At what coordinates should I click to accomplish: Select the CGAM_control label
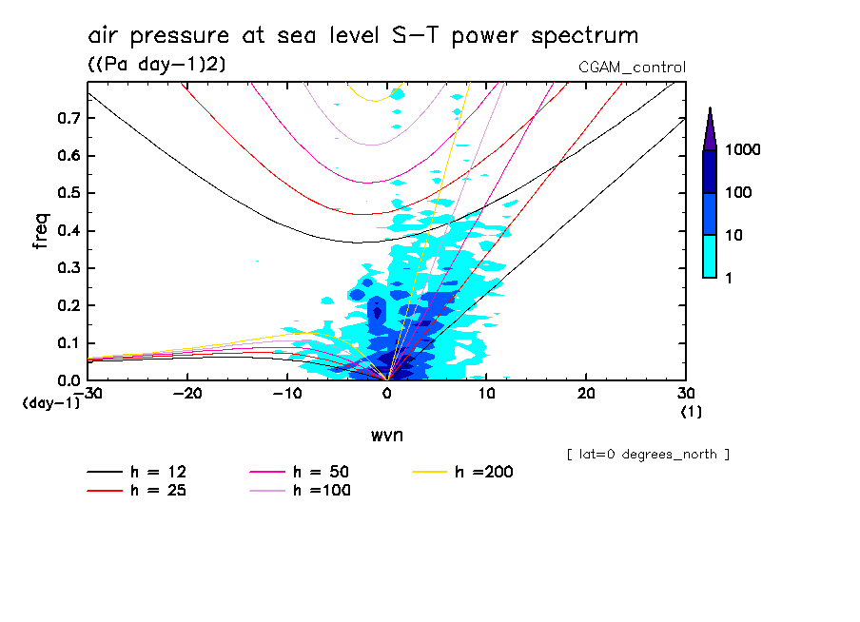(x=632, y=67)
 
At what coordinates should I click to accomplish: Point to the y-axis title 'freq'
(x=41, y=230)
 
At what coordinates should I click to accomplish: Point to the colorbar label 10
(x=736, y=235)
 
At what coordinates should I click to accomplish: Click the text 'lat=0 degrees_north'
(x=648, y=455)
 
